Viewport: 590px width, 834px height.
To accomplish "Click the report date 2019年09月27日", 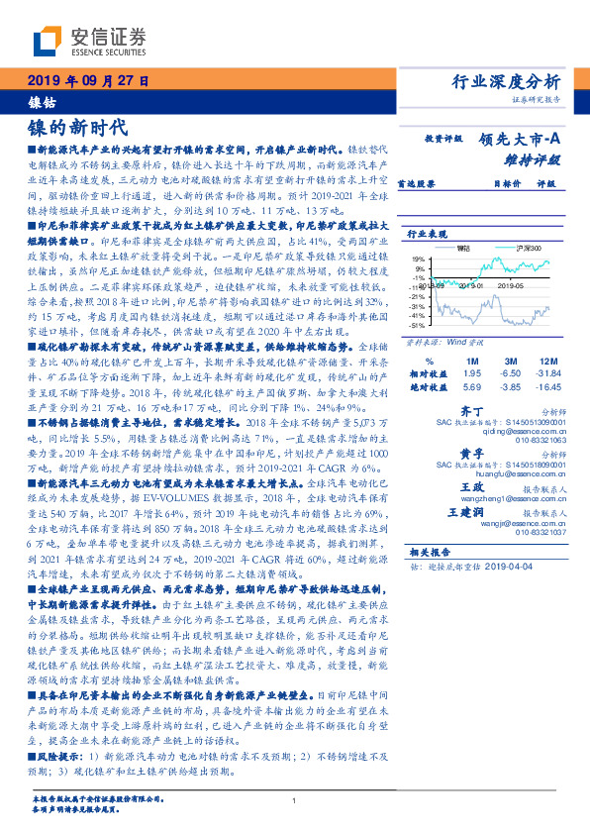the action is (x=88, y=80).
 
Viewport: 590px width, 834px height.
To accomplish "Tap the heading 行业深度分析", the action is (x=507, y=81).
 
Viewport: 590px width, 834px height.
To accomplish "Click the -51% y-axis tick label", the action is (x=420, y=324).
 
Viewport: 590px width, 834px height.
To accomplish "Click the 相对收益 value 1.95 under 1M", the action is (x=471, y=374).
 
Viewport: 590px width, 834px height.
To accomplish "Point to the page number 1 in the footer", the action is (x=294, y=800).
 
